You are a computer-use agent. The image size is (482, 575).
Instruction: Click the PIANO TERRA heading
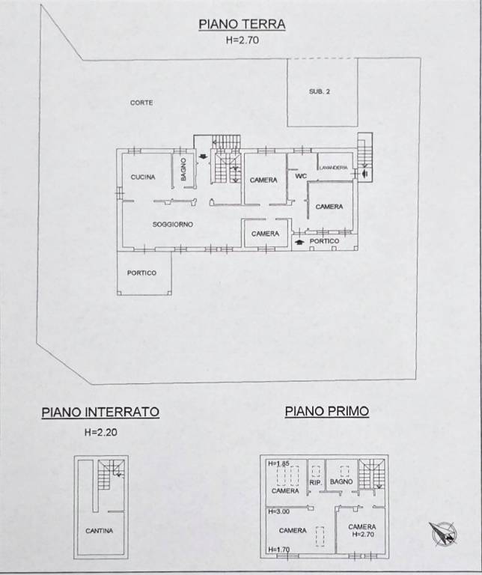[x=242, y=24]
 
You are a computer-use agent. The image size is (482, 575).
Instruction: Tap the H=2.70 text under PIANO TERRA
[x=242, y=40]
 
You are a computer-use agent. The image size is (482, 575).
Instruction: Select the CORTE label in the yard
[x=141, y=103]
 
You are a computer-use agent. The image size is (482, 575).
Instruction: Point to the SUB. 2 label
[x=320, y=91]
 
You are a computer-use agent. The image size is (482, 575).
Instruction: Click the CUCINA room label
[x=143, y=177]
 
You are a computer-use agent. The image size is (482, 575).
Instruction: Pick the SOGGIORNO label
[x=173, y=225]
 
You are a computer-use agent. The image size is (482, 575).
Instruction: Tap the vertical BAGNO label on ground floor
[x=183, y=169]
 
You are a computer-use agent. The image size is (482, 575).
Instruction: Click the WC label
[x=301, y=177]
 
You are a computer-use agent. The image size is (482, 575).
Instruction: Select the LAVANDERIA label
[x=333, y=168]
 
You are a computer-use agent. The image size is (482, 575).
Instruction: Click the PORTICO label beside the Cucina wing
[x=141, y=273]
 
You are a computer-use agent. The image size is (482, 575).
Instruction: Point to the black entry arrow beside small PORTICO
[x=300, y=242]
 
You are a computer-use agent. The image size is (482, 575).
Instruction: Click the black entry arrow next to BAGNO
[x=202, y=156]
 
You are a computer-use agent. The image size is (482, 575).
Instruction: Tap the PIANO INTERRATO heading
[x=100, y=412]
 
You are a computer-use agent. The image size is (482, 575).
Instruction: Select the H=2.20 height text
[x=101, y=432]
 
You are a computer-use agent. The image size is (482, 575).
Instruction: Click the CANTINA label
[x=100, y=531]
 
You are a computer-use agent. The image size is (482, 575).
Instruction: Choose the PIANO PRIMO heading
[x=327, y=411]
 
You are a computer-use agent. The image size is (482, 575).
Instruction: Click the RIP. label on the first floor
[x=316, y=483]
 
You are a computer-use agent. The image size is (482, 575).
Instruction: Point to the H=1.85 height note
[x=279, y=463]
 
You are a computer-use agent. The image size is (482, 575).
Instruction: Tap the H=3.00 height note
[x=279, y=511]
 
